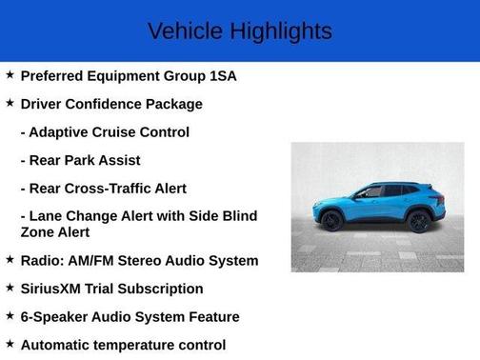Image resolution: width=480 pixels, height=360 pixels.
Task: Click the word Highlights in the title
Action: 279,31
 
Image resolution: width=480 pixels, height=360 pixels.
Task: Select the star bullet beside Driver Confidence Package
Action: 10,104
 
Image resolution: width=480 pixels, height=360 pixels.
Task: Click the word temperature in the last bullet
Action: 140,345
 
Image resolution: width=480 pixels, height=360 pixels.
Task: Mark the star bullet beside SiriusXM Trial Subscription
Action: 10,288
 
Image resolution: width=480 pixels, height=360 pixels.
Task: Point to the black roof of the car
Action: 386,184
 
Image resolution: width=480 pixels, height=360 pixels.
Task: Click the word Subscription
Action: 167,289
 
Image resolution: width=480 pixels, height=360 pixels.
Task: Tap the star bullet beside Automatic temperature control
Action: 10,344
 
